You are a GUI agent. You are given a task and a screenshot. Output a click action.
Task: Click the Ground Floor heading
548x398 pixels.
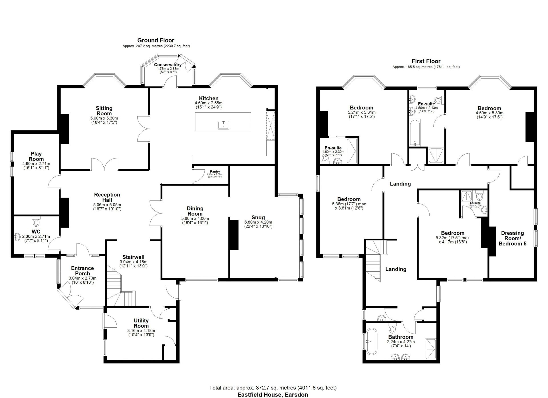point(156,40)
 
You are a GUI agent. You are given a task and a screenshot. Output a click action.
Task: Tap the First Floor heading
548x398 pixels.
point(426,61)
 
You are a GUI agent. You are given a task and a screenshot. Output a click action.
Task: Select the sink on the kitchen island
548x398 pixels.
point(223,125)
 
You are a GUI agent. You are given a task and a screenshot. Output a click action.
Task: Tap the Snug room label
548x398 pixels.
point(258,218)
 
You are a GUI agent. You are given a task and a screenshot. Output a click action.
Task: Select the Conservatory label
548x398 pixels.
point(168,65)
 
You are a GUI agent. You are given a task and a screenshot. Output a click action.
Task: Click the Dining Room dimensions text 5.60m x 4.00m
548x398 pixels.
point(195,219)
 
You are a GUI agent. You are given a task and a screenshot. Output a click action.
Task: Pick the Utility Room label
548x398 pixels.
point(141,323)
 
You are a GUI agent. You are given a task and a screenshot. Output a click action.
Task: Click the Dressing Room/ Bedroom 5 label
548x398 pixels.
point(512,238)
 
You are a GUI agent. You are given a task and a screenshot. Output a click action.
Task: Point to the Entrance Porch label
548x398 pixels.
point(82,271)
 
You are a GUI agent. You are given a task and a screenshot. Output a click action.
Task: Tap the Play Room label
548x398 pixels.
point(36,157)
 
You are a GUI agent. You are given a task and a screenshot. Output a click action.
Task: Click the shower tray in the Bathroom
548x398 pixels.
point(431,350)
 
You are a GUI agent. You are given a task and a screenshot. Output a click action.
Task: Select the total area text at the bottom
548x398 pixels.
point(273,388)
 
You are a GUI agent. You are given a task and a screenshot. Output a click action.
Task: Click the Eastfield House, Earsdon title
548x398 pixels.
point(273,395)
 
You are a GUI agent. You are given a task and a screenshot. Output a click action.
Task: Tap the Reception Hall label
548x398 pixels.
point(107,197)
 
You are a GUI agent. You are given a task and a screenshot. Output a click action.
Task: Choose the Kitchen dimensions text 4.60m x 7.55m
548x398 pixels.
point(208,103)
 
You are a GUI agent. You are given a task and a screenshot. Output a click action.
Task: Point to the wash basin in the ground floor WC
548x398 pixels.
point(17,236)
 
